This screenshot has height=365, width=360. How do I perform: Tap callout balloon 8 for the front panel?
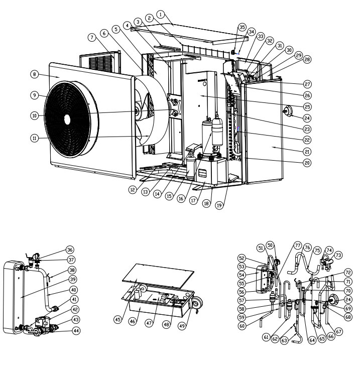tap(34, 74)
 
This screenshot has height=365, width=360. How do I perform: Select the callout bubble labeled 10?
tap(34, 115)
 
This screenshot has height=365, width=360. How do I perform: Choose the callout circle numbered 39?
tap(73, 279)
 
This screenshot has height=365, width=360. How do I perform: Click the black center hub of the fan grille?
tap(67, 118)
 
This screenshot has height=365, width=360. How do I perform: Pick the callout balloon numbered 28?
tap(307, 59)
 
